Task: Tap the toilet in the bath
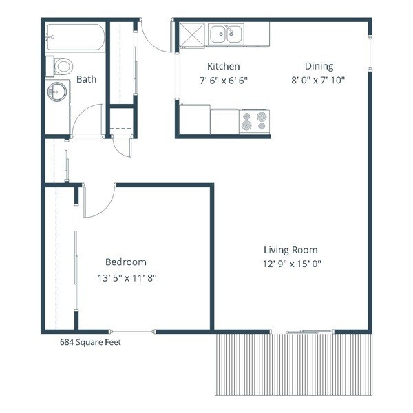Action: (62, 67)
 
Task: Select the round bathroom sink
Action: (57, 91)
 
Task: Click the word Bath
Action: (86, 79)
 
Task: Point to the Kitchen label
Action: (224, 67)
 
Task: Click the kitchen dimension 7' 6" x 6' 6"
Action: (224, 80)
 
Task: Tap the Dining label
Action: (319, 67)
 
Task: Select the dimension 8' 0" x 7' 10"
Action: (319, 80)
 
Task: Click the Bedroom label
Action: (125, 262)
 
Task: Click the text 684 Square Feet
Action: (90, 341)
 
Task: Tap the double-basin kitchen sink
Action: (226, 32)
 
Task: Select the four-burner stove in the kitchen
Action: (254, 121)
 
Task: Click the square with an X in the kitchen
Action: (193, 34)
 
